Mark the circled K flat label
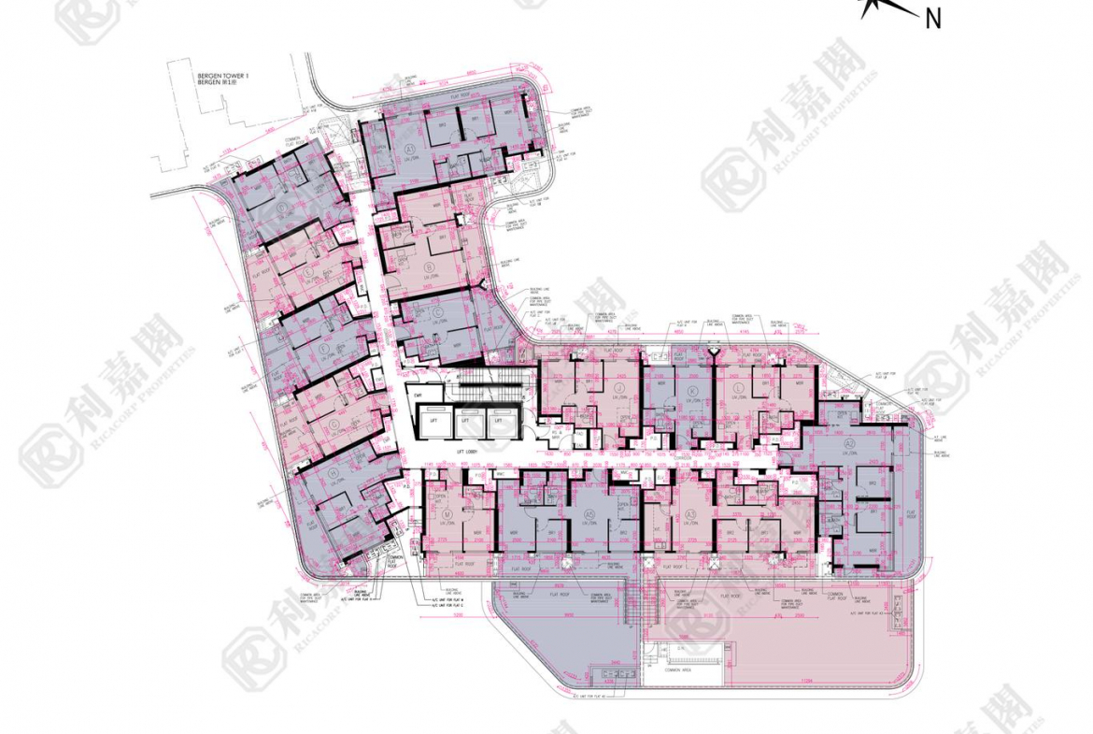[x=691, y=391]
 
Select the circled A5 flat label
[x=589, y=515]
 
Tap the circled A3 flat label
[x=690, y=515]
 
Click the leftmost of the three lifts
[x=432, y=422]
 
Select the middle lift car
[x=465, y=422]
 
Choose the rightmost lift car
[x=498, y=422]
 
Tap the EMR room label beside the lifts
[x=417, y=397]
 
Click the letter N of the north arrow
[x=931, y=18]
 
